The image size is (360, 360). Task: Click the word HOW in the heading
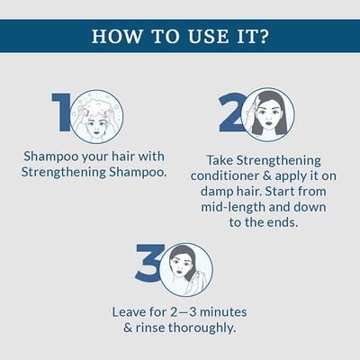coord(118,38)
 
